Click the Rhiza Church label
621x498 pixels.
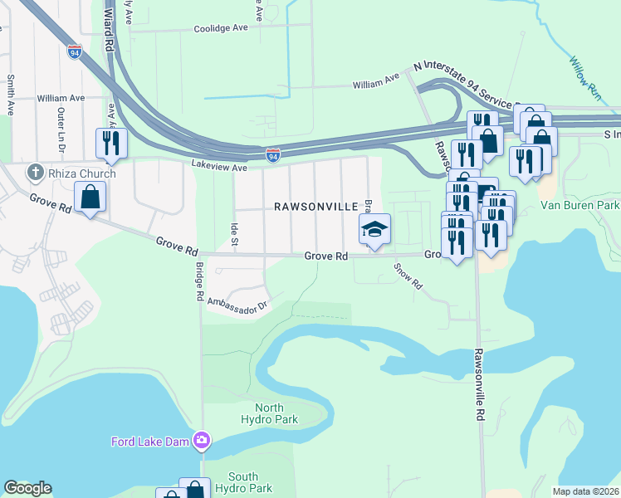[82, 173]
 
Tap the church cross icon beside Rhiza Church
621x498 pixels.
[35, 173]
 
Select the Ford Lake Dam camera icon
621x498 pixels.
[201, 440]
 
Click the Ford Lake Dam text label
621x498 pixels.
[150, 441]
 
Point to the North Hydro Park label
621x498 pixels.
[269, 413]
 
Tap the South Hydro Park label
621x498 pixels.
[243, 482]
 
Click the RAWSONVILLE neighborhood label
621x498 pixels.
[316, 206]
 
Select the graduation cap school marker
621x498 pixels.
[374, 228]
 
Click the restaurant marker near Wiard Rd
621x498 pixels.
[110, 143]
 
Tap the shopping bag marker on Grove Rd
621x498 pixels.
[90, 198]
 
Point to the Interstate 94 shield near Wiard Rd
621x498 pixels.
[75, 51]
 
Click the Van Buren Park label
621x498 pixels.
[580, 205]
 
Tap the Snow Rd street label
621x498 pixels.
[408, 277]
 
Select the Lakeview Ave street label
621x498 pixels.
[219, 167]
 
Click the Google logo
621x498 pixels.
[27, 488]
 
